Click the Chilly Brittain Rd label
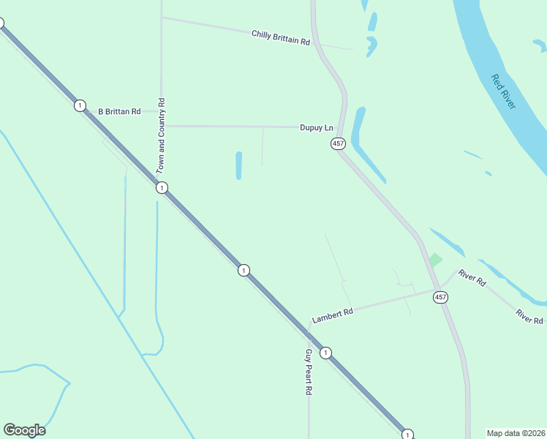pyautogui.click(x=281, y=37)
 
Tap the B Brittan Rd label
pyautogui.click(x=119, y=111)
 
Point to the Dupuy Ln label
pyautogui.click(x=316, y=127)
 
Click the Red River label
pyautogui.click(x=503, y=91)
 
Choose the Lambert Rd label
pyautogui.click(x=333, y=315)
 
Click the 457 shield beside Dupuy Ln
pyautogui.click(x=338, y=143)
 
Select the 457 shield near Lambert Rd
pyautogui.click(x=440, y=297)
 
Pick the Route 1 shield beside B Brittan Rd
pyautogui.click(x=79, y=106)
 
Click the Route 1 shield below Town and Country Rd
pyautogui.click(x=162, y=188)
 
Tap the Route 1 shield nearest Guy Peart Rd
pyautogui.click(x=326, y=353)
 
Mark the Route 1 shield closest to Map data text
pyautogui.click(x=408, y=434)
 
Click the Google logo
pyautogui.click(x=24, y=430)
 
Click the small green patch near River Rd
pyautogui.click(x=436, y=260)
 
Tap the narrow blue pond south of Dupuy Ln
pyautogui.click(x=238, y=165)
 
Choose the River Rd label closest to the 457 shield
pyautogui.click(x=472, y=278)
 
